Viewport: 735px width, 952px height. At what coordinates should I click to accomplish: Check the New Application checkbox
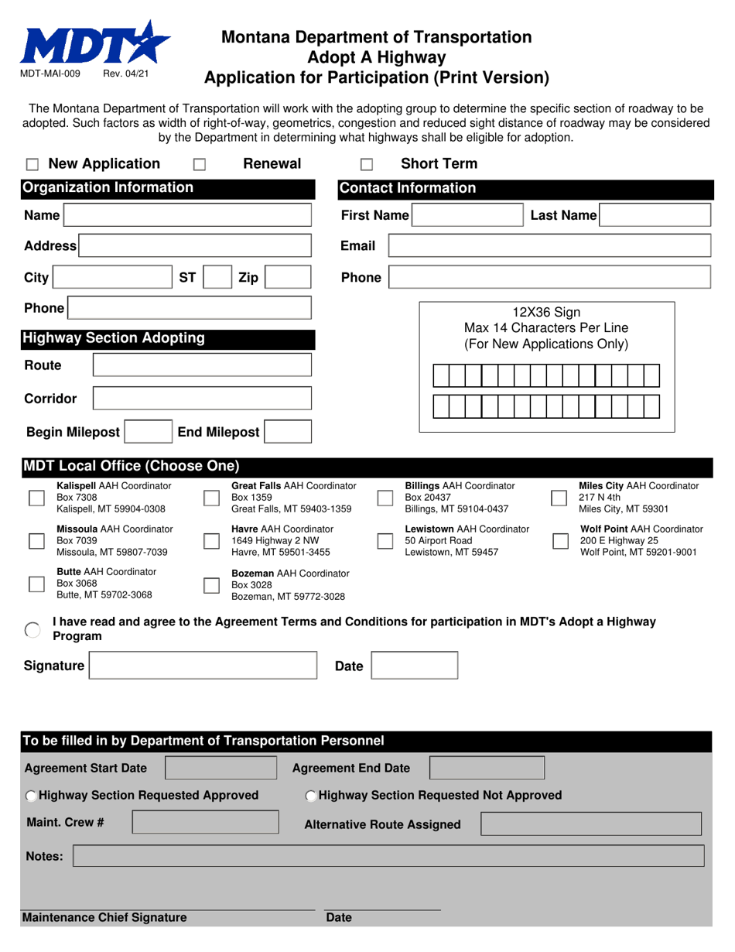pyautogui.click(x=32, y=165)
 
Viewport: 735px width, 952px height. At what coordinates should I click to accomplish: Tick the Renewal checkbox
pyautogui.click(x=199, y=165)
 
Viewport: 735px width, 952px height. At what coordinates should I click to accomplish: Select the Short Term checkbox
pyautogui.click(x=367, y=165)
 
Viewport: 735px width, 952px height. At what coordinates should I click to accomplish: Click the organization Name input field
pyautogui.click(x=187, y=215)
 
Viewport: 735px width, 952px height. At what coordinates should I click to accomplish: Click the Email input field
pyautogui.click(x=549, y=246)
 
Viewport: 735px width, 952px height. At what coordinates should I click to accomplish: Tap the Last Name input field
pyautogui.click(x=655, y=215)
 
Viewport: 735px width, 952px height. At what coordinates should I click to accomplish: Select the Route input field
pyautogui.click(x=202, y=365)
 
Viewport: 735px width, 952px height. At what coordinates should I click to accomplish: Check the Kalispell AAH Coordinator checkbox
pyautogui.click(x=36, y=498)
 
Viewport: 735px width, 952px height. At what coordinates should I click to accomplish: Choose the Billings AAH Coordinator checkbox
pyautogui.click(x=385, y=498)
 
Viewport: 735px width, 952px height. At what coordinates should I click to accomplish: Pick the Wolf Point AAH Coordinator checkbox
pyautogui.click(x=560, y=541)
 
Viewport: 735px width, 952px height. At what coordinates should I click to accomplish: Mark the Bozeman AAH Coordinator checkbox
pyautogui.click(x=210, y=585)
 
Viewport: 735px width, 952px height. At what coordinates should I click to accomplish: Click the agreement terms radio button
pyautogui.click(x=32, y=629)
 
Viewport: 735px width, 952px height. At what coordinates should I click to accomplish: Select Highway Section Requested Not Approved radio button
pyautogui.click(x=311, y=796)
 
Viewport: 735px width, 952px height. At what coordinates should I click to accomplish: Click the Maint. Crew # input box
pyautogui.click(x=205, y=822)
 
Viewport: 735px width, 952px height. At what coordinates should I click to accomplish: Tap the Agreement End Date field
pyautogui.click(x=487, y=768)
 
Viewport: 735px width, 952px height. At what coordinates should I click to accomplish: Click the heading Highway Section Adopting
pyautogui.click(x=114, y=338)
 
